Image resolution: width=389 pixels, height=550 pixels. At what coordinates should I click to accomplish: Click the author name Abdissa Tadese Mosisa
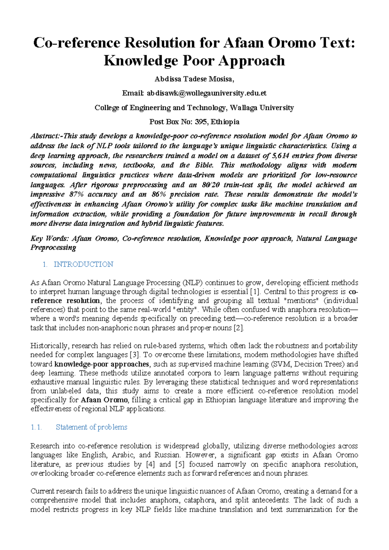pos(194,79)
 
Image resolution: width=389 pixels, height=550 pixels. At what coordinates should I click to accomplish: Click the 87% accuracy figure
pos(74,194)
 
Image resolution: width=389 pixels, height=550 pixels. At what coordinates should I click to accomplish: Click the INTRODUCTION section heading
pos(83,264)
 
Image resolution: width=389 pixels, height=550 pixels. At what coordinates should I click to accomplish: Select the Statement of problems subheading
pos(91,427)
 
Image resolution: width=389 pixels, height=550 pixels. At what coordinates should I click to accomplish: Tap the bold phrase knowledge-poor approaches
pos(101,364)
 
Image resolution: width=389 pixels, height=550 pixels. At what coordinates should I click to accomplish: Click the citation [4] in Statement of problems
pos(150,464)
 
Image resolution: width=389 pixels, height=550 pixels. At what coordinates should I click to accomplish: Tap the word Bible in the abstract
pos(204,165)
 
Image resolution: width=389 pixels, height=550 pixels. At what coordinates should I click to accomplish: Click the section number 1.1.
pos(36,427)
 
